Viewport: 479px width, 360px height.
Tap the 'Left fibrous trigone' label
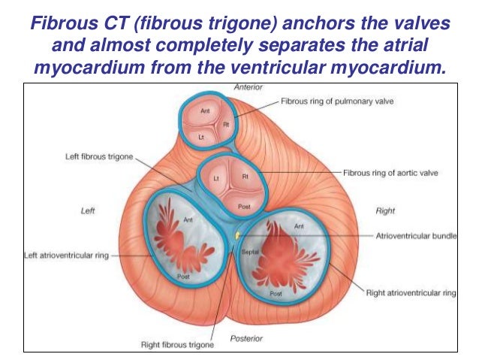coord(98,157)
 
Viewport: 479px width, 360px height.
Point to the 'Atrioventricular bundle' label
coord(411,235)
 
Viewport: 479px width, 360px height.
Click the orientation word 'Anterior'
coord(247,88)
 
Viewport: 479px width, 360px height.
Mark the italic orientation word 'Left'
coord(88,211)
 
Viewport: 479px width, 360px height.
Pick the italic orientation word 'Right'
coord(385,211)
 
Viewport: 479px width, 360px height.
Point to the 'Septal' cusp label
coord(249,252)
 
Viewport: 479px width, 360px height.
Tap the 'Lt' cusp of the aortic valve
coord(215,178)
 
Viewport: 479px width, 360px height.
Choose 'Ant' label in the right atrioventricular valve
coord(299,225)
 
